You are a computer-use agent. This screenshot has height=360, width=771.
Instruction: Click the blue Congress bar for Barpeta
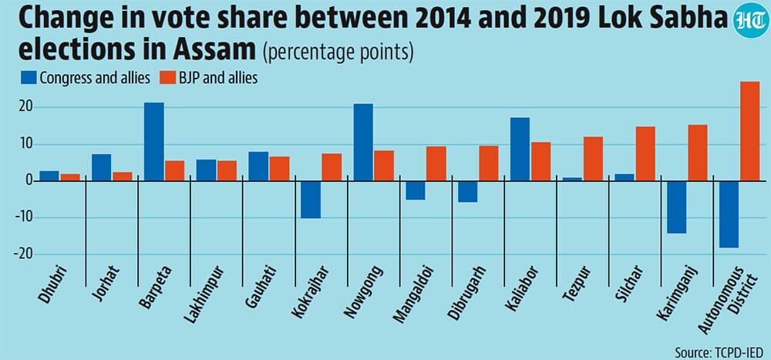[154, 142]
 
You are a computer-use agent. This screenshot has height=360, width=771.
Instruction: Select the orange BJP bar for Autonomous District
[749, 131]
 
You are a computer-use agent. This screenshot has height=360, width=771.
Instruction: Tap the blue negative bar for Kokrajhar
[311, 200]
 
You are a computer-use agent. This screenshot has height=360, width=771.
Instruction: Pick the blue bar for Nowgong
[363, 143]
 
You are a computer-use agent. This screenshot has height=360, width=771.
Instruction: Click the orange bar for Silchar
[645, 154]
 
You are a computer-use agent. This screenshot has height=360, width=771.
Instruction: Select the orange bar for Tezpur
[592, 159]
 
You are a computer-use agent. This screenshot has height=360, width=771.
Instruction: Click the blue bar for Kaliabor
[520, 150]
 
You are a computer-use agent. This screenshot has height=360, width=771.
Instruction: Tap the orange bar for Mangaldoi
[436, 163]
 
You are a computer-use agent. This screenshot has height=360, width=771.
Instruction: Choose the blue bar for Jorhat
[102, 168]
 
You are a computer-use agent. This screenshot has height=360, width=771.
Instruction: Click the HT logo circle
[750, 21]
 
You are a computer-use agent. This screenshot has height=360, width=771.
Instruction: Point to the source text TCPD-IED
[736, 352]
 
